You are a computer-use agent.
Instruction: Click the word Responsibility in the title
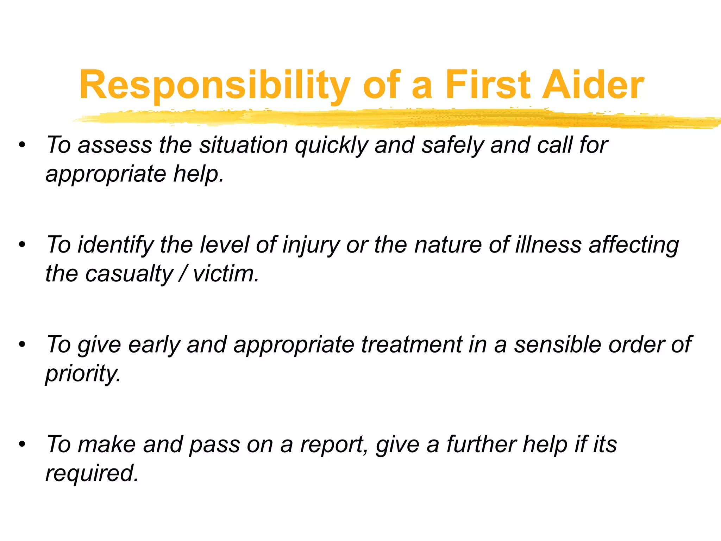215,85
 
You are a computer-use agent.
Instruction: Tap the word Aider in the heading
593,85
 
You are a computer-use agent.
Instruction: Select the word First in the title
488,85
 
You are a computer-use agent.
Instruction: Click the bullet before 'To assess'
23,145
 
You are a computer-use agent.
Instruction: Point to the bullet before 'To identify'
23,244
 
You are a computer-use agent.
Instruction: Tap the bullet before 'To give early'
23,344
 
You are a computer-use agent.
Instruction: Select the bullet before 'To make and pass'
23,444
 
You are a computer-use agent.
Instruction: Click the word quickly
331,145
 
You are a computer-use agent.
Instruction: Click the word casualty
129,274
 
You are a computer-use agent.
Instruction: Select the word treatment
411,344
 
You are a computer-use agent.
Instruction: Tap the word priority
82,374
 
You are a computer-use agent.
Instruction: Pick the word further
481,444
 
